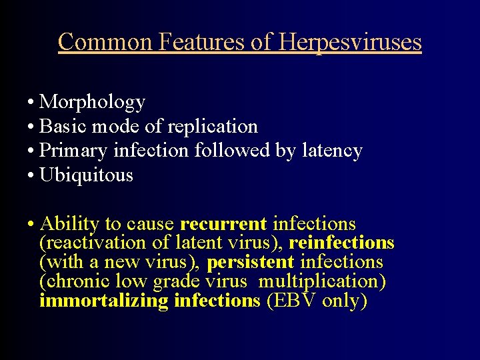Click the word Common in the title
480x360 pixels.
point(105,42)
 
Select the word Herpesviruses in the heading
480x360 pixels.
point(350,42)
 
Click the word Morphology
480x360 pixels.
point(92,102)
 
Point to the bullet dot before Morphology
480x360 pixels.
point(31,103)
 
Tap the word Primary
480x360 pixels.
point(74,151)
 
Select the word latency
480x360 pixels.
point(331,151)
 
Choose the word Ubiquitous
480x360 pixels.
point(86,175)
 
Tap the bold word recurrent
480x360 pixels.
point(223,224)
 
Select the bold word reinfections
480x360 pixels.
point(341,243)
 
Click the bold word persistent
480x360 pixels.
point(251,262)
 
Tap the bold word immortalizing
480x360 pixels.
point(104,301)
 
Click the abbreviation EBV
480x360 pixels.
point(291,301)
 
